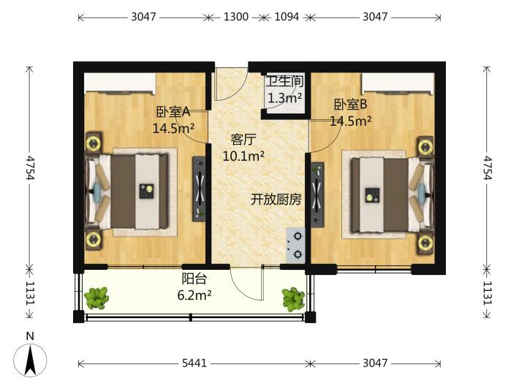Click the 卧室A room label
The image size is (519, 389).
pyautogui.click(x=173, y=112)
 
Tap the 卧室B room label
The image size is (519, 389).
pyautogui.click(x=351, y=105)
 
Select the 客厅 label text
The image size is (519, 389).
pyautogui.click(x=243, y=140)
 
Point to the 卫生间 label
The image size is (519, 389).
pyautogui.click(x=284, y=81)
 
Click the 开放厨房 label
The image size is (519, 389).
pyautogui.click(x=276, y=200)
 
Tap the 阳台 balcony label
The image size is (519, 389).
pyautogui.click(x=194, y=279)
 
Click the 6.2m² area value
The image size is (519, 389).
pyautogui.click(x=194, y=295)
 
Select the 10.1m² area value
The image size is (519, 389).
pyautogui.click(x=243, y=156)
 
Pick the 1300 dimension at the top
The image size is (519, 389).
pyautogui.click(x=236, y=17)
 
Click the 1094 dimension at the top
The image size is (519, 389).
pyautogui.click(x=287, y=17)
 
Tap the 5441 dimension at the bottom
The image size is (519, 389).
pyautogui.click(x=194, y=363)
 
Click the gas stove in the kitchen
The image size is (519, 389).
pyautogui.click(x=295, y=245)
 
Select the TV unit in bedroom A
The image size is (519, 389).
pyautogui.click(x=200, y=189)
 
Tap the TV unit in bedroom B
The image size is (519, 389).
pyautogui.click(x=317, y=194)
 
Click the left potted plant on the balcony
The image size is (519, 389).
pyautogui.click(x=96, y=298)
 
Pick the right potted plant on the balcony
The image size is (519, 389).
pyautogui.click(x=293, y=300)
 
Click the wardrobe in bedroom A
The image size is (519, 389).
pyautogui.click(x=120, y=84)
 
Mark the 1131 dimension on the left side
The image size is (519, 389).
pyautogui.click(x=30, y=292)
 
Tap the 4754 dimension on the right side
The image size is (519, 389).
pyautogui.click(x=487, y=167)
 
